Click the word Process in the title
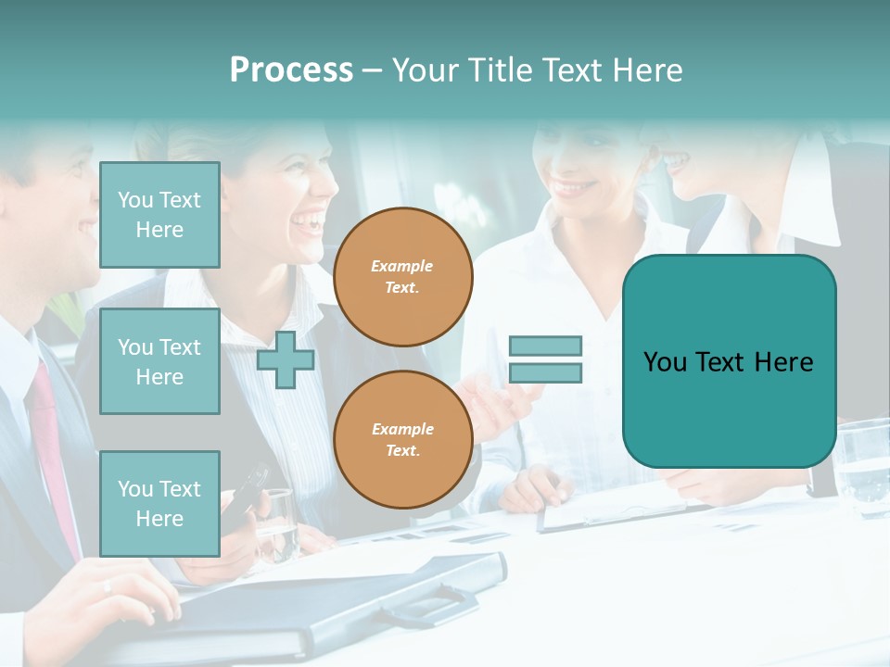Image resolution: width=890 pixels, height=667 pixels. pyautogui.click(x=291, y=70)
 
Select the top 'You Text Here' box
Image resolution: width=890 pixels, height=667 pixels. pyautogui.click(x=159, y=215)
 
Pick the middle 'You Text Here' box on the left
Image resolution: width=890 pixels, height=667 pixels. pyautogui.click(x=159, y=361)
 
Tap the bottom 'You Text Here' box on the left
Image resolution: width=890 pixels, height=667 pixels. pyautogui.click(x=159, y=503)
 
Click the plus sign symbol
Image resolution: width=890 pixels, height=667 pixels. pyautogui.click(x=286, y=359)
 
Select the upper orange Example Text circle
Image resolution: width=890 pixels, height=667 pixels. pyautogui.click(x=402, y=277)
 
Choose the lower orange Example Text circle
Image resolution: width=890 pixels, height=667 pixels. pyautogui.click(x=402, y=440)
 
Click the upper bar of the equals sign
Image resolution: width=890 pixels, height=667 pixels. pyautogui.click(x=545, y=346)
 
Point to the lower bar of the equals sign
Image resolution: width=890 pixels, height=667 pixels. pyautogui.click(x=545, y=373)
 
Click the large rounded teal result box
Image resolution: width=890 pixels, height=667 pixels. pyautogui.click(x=729, y=361)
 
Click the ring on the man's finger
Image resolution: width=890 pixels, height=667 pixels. pyautogui.click(x=108, y=585)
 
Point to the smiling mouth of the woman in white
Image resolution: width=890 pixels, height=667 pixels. pyautogui.click(x=576, y=188)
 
